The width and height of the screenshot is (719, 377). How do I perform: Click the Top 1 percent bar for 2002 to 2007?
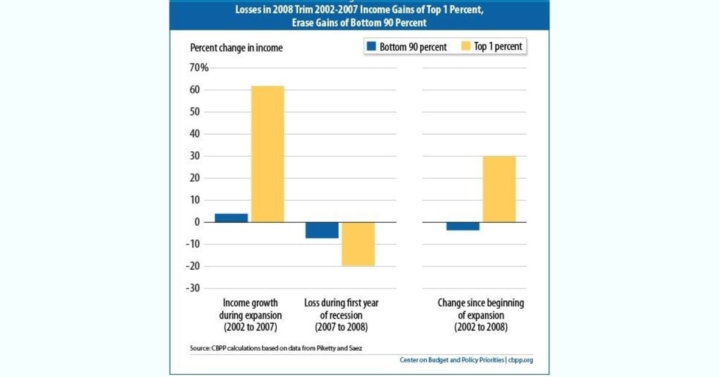(267, 154)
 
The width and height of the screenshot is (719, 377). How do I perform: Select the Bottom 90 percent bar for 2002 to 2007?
(231, 218)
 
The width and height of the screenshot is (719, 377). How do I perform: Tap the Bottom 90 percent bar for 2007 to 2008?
(322, 230)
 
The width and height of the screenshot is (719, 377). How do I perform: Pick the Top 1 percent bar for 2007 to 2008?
(358, 244)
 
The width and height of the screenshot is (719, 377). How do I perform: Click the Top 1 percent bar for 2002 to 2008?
(499, 189)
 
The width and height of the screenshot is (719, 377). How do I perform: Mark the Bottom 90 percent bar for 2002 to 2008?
(463, 226)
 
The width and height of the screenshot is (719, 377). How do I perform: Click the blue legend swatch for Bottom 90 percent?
(370, 47)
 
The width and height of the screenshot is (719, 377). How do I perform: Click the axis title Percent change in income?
(236, 48)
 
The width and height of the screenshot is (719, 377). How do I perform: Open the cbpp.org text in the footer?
(521, 360)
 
